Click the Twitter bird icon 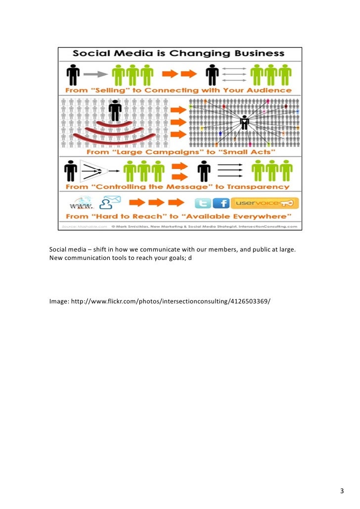203,204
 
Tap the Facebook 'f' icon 221,204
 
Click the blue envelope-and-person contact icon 110,203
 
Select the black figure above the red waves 115,110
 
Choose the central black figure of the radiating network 244,122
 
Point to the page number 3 341,491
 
